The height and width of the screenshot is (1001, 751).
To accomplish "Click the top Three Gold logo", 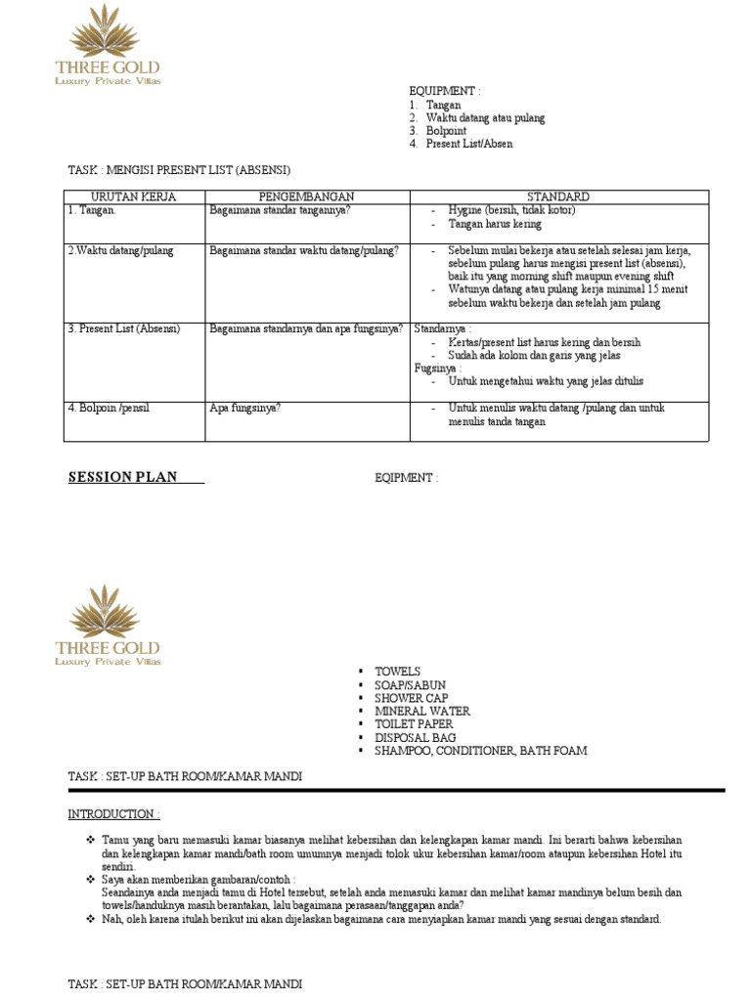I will coord(108,45).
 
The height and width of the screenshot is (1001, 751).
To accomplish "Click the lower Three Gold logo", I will coord(108,626).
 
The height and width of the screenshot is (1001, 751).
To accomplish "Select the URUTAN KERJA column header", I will coord(133,196).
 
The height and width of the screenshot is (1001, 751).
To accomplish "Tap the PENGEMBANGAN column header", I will coord(306,196).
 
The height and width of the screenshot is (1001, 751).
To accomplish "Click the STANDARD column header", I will coord(558,196).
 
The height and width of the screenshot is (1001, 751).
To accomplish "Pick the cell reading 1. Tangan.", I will coord(92,210).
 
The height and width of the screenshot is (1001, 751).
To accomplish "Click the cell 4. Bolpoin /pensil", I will coord(110,408).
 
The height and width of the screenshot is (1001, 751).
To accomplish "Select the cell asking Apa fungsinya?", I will coord(245,408).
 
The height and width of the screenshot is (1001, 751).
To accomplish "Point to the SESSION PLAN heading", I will coord(122,477).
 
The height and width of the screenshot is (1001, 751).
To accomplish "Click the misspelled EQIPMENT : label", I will coord(406,478).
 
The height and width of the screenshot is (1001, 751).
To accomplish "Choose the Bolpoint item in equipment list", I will coord(446,131).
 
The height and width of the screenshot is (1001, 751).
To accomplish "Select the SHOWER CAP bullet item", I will coord(412,698).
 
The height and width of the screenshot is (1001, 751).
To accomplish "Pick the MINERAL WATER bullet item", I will coord(422,712).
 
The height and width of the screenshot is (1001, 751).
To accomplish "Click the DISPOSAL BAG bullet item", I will coord(416,738).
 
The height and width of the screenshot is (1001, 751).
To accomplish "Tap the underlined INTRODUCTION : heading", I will coord(113,814).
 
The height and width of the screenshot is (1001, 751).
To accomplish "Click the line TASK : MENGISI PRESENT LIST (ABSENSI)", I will coord(179,169).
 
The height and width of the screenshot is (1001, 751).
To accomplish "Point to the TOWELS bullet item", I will coord(397,672).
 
